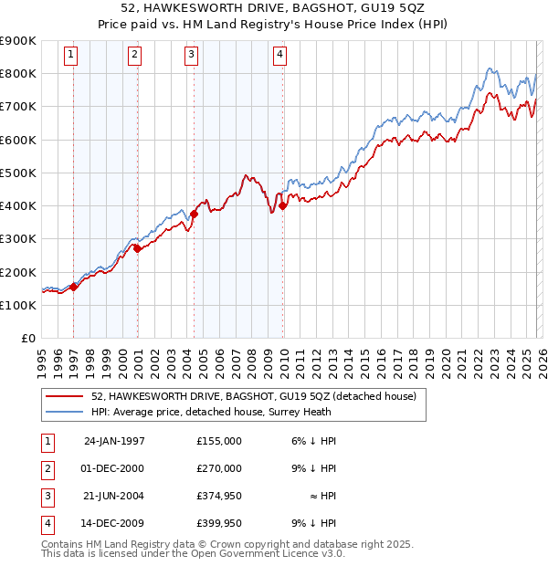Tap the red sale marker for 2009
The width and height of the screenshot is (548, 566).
tap(283, 205)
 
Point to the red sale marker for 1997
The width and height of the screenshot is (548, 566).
tap(74, 287)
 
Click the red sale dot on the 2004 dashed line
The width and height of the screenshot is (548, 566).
tap(195, 215)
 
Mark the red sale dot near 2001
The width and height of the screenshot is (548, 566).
tap(137, 248)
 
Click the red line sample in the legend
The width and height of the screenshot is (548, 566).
tap(66, 396)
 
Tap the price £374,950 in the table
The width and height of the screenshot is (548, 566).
tap(219, 496)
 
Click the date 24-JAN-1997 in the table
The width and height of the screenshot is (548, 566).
tap(114, 441)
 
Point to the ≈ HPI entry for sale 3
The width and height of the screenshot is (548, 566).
tap(320, 496)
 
